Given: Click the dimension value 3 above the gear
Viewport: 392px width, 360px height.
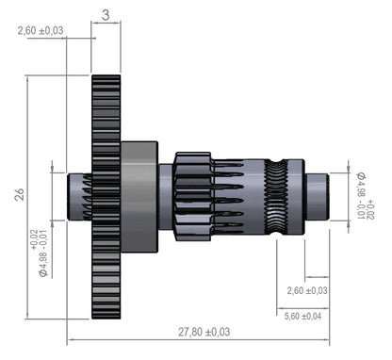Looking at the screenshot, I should click(x=106, y=14).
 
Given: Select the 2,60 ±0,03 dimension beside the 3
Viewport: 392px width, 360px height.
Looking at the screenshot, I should click(x=40, y=30).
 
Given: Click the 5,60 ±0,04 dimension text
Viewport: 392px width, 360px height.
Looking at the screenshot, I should click(x=302, y=316).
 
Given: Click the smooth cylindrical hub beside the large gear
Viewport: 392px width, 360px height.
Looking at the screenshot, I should click(x=139, y=196).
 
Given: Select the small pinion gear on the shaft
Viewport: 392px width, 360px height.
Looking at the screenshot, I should click(x=192, y=195).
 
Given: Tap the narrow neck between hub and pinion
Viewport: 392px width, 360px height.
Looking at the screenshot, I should click(x=166, y=196).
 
